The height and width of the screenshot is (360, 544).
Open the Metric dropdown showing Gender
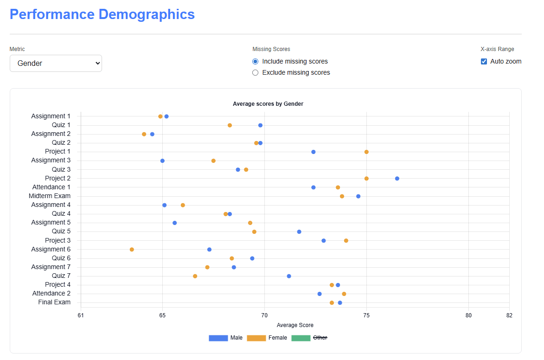[56, 64]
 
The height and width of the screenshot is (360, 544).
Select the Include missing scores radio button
[255, 62]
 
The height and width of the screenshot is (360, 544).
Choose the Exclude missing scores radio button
[255, 73]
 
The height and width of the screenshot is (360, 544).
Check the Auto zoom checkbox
[484, 62]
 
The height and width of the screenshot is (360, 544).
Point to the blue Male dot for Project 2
[397, 179]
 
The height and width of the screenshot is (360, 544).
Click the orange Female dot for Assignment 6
[132, 250]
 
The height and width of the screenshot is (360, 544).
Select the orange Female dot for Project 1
[366, 152]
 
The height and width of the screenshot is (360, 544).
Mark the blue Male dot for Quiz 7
[289, 276]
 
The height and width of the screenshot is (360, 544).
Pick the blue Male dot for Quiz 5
[299, 232]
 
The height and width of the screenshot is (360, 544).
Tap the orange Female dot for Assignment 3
[213, 161]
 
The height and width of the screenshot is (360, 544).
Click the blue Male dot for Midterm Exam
[358, 196]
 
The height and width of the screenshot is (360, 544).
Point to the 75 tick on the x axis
[366, 316]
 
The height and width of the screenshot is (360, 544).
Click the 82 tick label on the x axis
[509, 316]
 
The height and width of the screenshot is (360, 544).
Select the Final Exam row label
[54, 302]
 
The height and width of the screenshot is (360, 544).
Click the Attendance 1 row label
[51, 187]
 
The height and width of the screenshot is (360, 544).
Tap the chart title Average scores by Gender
[268, 104]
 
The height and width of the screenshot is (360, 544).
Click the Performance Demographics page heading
[102, 14]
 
